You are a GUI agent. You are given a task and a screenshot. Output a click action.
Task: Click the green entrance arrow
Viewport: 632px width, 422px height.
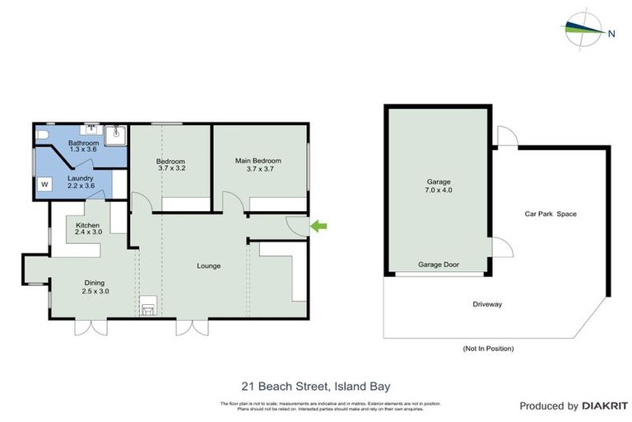coord(317,224)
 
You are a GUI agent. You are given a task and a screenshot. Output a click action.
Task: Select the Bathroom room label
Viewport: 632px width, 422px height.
coord(83,143)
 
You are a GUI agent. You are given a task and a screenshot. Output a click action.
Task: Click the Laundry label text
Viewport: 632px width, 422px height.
coord(80,177)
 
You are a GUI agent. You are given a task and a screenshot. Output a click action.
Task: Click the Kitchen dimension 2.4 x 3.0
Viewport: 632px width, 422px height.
coord(87,233)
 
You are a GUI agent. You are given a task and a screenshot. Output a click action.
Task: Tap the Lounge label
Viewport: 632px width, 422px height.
coord(208,265)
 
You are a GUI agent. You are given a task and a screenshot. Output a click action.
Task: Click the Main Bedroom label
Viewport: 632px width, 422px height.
coord(258,161)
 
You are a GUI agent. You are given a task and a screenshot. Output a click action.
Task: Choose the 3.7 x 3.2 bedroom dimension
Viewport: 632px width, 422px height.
coord(171,169)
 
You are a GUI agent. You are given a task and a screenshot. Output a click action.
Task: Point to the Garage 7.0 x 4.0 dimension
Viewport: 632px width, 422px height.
coord(439,190)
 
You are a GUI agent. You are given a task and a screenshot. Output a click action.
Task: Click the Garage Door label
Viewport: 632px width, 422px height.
coord(439,265)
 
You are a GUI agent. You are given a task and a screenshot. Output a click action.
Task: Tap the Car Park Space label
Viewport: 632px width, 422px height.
coord(551,214)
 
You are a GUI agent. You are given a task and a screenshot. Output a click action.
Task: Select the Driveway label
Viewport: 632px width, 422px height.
coord(487,304)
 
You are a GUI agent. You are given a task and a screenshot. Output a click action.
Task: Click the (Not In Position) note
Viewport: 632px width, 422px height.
coord(488,349)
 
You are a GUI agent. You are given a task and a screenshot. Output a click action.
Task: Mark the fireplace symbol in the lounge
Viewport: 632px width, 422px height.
coord(150,307)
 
